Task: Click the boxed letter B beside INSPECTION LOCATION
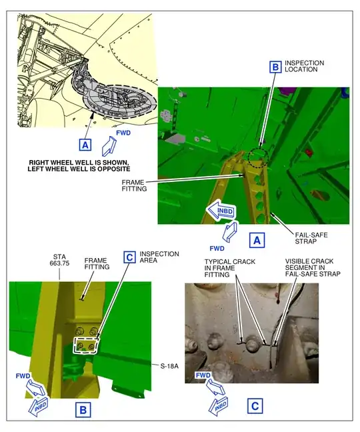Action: point(275,67)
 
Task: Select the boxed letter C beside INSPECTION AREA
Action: point(130,257)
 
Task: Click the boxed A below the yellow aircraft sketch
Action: point(84,144)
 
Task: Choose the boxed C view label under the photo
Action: point(255,405)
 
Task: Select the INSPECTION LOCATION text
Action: point(305,67)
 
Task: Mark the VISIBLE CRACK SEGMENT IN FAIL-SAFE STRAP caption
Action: point(312,268)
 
